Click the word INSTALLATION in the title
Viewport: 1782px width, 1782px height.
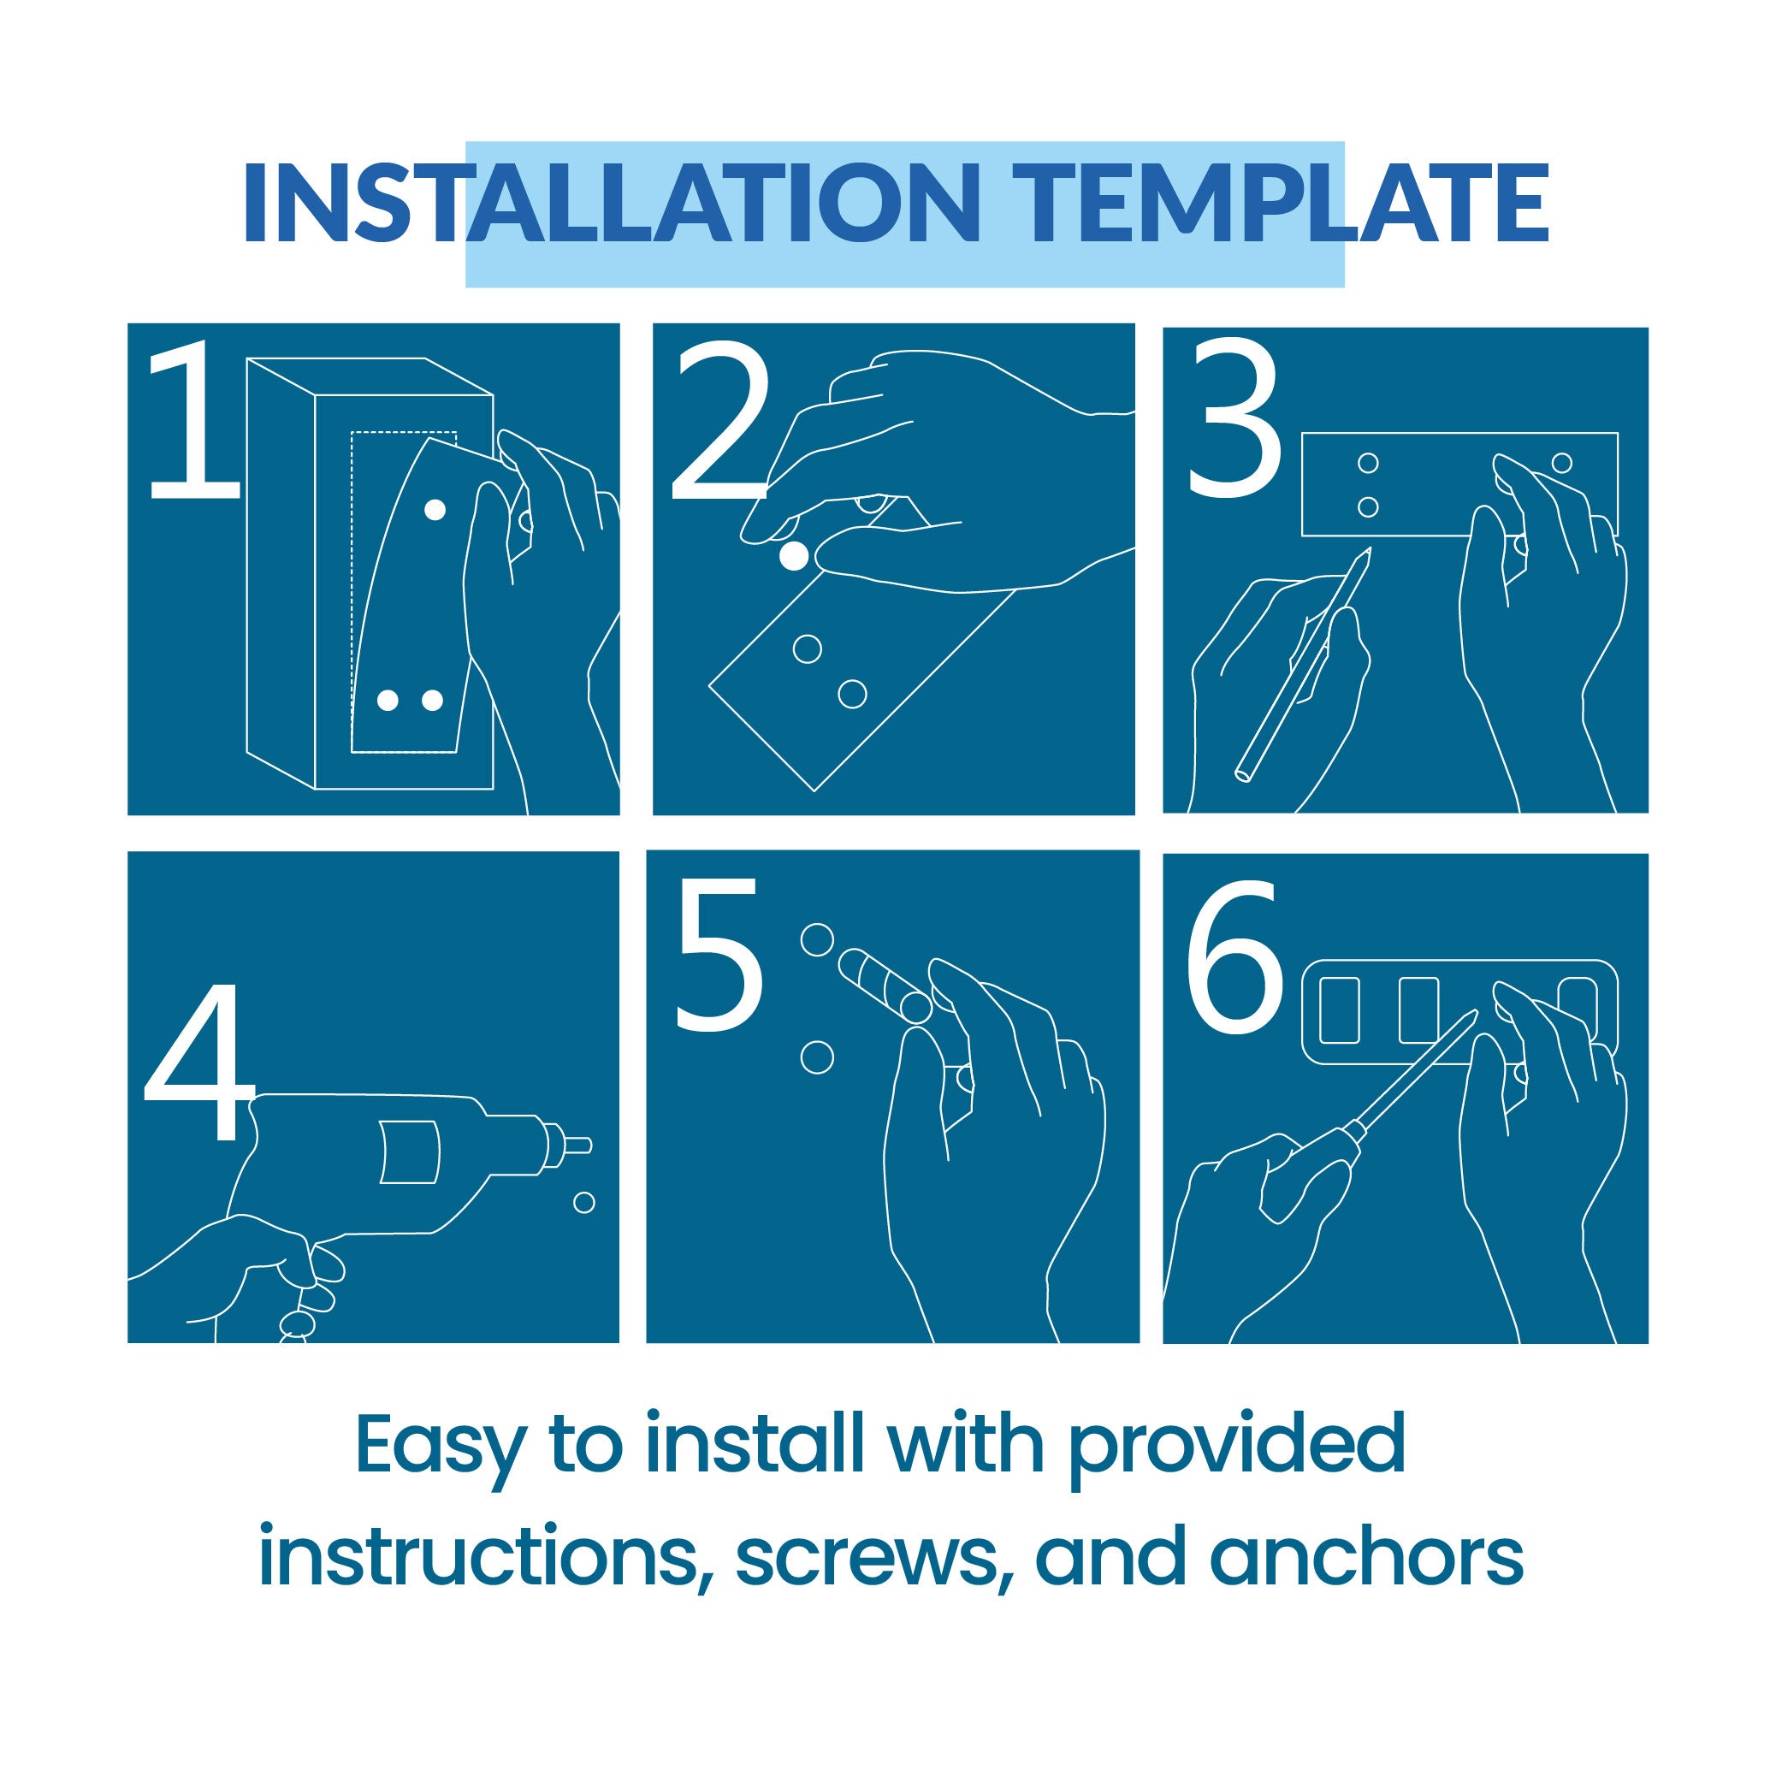pos(610,204)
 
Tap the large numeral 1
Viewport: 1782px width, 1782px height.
pos(191,420)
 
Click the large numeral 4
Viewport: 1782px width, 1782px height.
pos(198,1061)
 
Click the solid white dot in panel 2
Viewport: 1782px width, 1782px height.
pos(794,556)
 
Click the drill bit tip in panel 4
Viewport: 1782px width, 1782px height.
pos(578,1146)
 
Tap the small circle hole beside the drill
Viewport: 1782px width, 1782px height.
pos(583,1203)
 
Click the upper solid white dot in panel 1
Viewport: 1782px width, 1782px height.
pos(434,508)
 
